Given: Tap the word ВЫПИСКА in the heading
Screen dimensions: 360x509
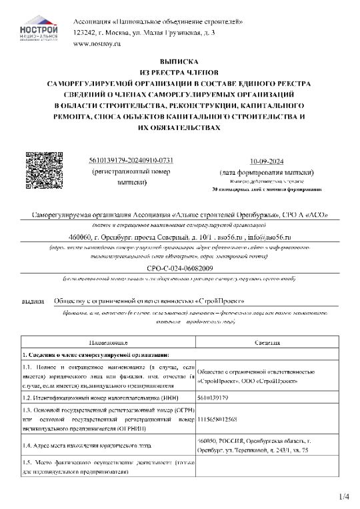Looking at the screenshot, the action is [180, 59].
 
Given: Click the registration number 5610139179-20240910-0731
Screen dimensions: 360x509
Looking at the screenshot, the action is [131, 161].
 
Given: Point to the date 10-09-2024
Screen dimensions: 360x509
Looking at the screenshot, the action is [266, 161].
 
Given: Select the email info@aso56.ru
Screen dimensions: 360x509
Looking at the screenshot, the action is [271, 237].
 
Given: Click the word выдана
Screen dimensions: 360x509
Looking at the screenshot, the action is [33, 302].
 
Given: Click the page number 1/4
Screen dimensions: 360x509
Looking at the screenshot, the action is [343, 496].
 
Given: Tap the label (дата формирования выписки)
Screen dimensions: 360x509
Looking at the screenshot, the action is [266, 172].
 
